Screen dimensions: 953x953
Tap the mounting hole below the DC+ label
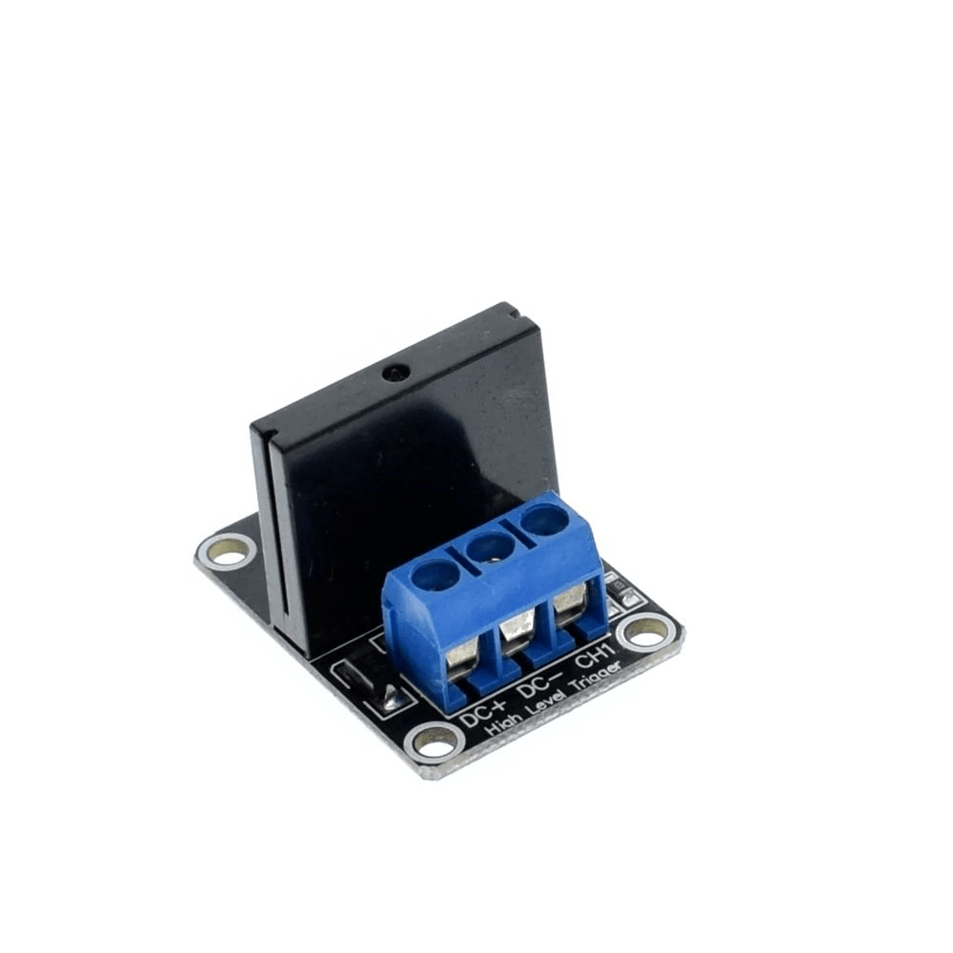[x=435, y=744]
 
